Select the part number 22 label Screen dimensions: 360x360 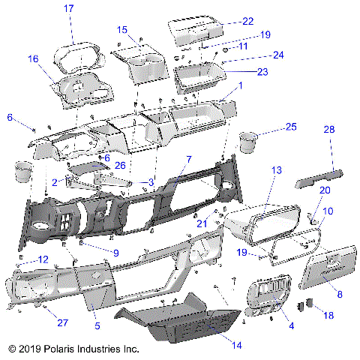point(247,21)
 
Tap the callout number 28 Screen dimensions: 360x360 point(328,131)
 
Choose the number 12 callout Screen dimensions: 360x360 point(43,259)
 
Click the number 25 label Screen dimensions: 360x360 point(292,127)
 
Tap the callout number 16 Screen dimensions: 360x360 point(33,58)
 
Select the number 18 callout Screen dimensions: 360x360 point(328,317)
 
